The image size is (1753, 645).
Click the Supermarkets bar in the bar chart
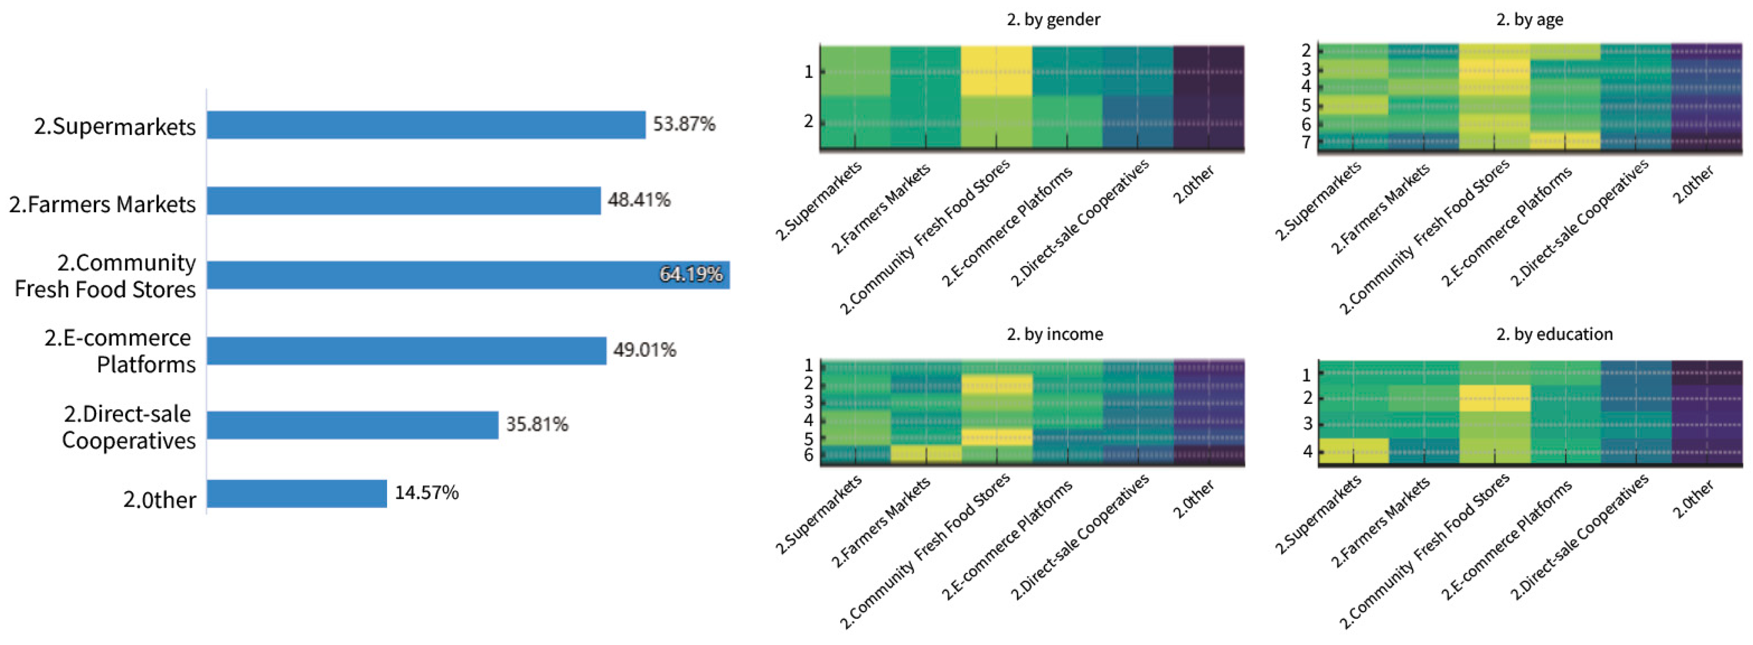426,125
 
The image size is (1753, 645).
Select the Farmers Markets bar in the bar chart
404,201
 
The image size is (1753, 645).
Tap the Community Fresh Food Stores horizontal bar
468,275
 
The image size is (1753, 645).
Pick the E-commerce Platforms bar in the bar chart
406,351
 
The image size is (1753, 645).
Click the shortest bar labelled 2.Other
297,494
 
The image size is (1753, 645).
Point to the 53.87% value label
684,124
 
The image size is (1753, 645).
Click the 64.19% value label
691,274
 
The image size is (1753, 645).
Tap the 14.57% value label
427,492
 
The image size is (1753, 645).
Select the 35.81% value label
537,424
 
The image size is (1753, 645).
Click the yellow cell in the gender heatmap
996,71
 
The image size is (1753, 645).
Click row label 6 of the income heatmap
808,455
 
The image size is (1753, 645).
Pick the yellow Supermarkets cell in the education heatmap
1354,451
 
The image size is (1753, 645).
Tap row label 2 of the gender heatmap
808,122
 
